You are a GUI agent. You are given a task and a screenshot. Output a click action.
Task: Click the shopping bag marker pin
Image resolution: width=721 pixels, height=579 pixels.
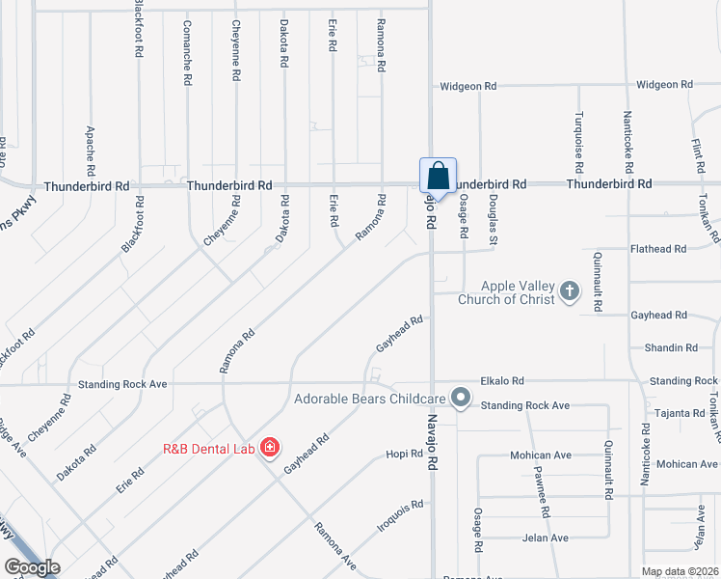pyautogui.click(x=438, y=178)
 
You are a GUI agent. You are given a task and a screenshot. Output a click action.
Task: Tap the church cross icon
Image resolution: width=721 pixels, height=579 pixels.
pyautogui.click(x=570, y=291)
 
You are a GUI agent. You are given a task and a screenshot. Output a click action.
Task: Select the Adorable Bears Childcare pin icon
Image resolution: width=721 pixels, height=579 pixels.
pyautogui.click(x=461, y=398)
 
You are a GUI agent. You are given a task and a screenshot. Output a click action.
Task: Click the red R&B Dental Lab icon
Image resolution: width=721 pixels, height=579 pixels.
pyautogui.click(x=269, y=447)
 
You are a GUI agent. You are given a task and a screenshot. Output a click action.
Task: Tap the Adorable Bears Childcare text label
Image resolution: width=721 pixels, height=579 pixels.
pyautogui.click(x=370, y=398)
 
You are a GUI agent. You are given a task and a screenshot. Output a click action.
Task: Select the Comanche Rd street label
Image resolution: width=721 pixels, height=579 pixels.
pyautogui.click(x=186, y=54)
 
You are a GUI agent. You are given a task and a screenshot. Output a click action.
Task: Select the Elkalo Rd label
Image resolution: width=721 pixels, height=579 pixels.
pyautogui.click(x=503, y=381)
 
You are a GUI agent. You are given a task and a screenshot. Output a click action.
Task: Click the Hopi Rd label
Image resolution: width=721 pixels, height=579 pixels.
pyautogui.click(x=397, y=455)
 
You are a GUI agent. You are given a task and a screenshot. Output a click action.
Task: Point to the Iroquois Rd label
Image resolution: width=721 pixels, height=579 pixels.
pyautogui.click(x=400, y=517)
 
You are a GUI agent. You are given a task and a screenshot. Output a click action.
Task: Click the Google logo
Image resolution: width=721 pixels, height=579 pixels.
pyautogui.click(x=33, y=567)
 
